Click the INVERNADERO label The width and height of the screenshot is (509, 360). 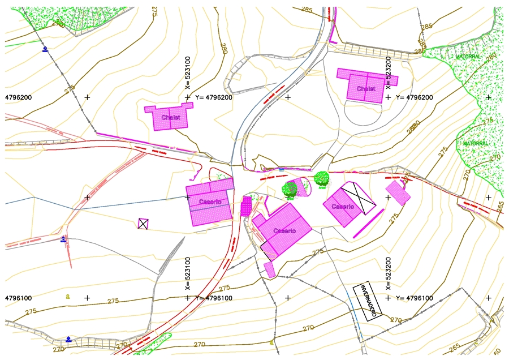pos(368,302)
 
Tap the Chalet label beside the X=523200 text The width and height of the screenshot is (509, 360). pos(366,89)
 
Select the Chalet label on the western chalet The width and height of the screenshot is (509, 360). pos(171,118)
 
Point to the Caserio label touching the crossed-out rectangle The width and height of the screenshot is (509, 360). pos(343,207)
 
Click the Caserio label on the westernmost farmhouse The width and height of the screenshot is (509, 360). pos(210,202)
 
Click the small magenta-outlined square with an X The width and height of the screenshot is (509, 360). pos(144,224)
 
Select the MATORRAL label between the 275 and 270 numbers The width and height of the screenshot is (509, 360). pos(475,144)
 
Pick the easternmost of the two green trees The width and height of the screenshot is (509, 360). pos(322,179)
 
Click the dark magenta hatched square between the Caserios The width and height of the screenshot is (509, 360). pos(246,206)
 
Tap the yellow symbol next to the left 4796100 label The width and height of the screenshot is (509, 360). pos(68,296)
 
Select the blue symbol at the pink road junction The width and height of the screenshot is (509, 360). pos(63,239)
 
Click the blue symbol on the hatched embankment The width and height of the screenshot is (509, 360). pos(68,339)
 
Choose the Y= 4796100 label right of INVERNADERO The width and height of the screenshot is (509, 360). pos(415,298)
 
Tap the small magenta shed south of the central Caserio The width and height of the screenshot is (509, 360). pos(270,269)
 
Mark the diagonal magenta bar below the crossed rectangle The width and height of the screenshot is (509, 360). pos(368,224)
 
